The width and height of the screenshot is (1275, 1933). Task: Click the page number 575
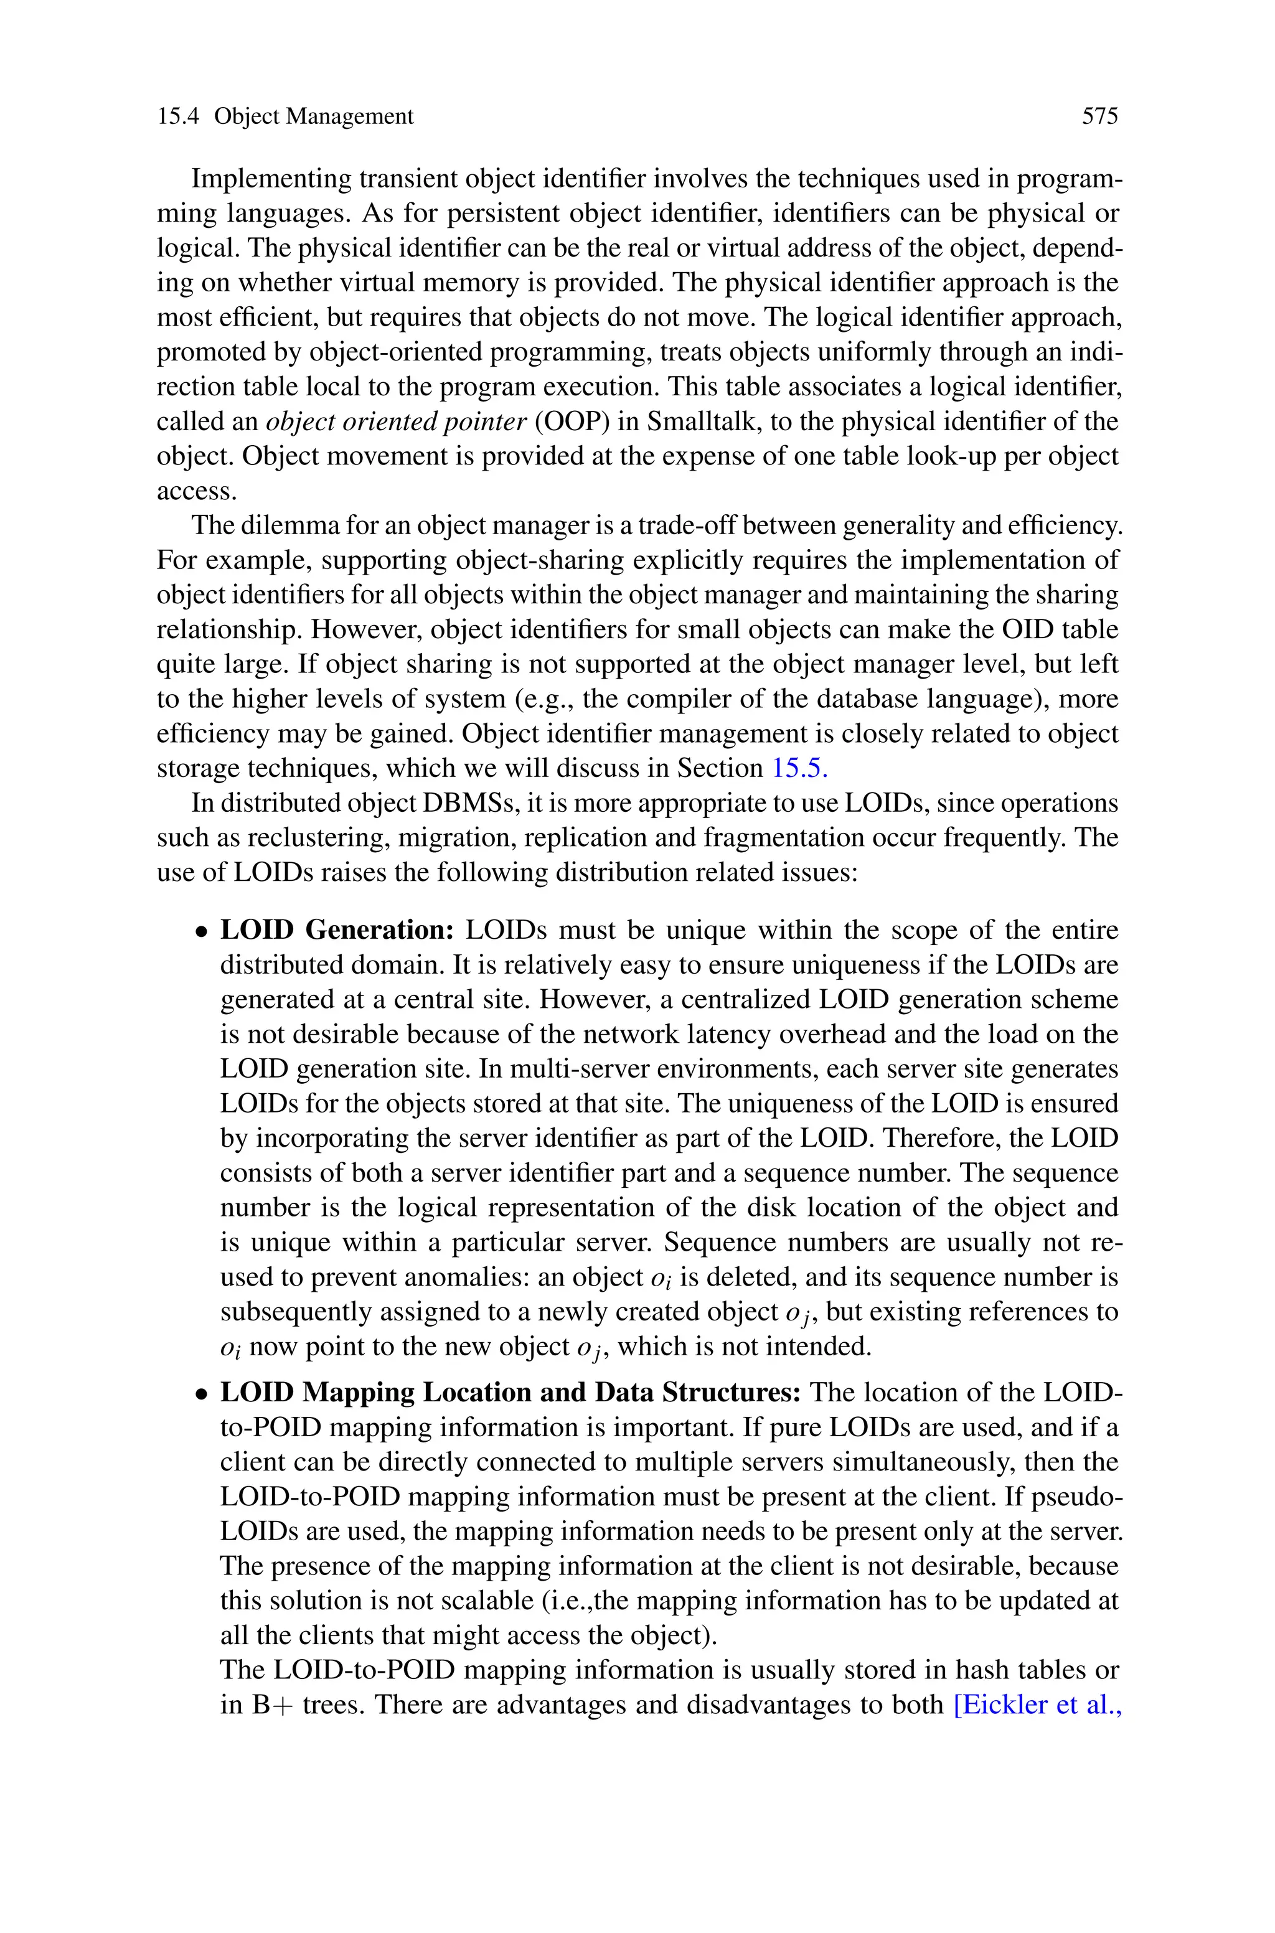(1099, 117)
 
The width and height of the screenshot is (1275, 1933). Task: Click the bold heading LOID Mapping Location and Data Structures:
(510, 1393)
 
